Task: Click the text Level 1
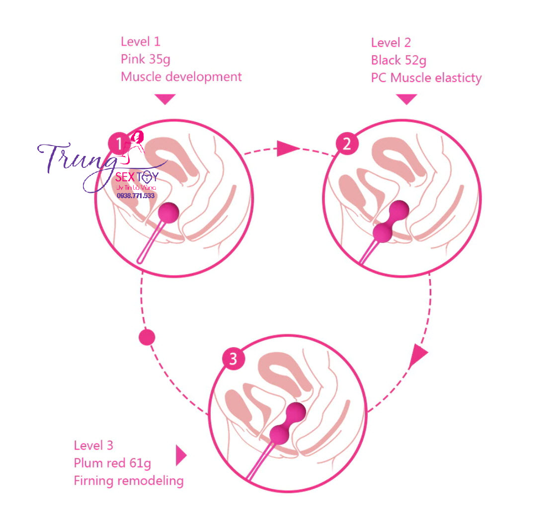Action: (x=141, y=42)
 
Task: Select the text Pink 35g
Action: (x=145, y=60)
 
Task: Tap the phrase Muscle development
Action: (x=181, y=77)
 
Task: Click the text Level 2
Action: (x=391, y=43)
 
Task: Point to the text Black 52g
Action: (x=398, y=61)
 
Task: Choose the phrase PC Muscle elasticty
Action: (x=426, y=78)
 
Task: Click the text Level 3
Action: (x=93, y=445)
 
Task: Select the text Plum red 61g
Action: (x=112, y=463)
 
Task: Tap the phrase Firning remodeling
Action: (x=128, y=481)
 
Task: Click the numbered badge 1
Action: (x=119, y=144)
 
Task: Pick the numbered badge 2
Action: (x=346, y=144)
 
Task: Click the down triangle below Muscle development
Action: (x=165, y=99)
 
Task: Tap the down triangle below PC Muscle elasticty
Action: (x=407, y=99)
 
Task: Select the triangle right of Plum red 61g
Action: (x=181, y=455)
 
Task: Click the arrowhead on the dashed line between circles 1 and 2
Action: (x=287, y=148)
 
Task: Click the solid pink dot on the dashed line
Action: (x=147, y=337)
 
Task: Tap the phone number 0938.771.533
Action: (x=136, y=196)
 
